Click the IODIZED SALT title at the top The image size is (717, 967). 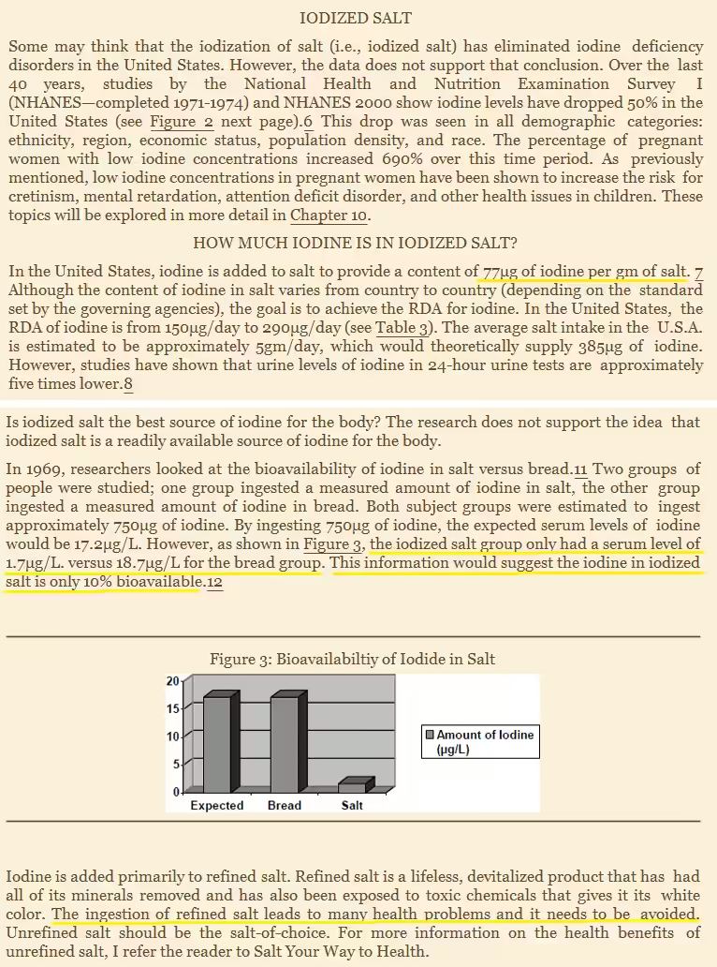point(356,18)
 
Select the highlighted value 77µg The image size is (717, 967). point(501,272)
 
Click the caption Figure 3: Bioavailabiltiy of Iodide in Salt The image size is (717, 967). point(352,659)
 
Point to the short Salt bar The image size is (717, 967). point(353,786)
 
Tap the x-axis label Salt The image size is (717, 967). point(352,805)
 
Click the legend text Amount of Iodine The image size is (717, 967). point(485,735)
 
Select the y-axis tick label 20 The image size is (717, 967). point(172,680)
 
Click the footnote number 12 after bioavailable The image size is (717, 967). point(214,582)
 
